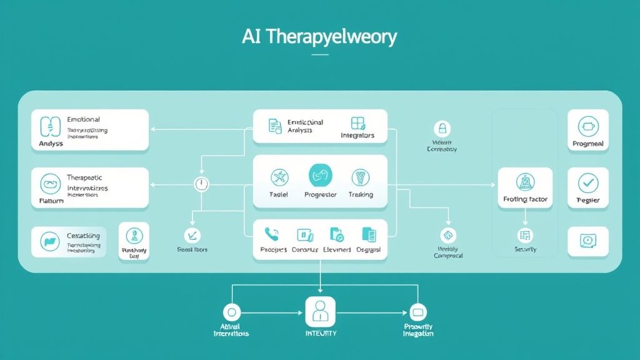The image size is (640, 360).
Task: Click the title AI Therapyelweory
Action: click(319, 37)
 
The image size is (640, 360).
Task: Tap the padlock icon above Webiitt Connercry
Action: click(442, 129)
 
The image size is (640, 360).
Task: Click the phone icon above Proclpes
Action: click(272, 234)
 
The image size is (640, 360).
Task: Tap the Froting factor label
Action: click(525, 199)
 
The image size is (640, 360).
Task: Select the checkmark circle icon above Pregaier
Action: click(587, 182)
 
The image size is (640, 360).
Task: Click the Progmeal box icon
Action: click(587, 126)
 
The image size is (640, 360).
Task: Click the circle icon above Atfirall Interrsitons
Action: click(232, 312)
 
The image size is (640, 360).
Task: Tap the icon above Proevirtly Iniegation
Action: click(417, 312)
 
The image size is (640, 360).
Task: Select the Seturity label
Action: click(525, 249)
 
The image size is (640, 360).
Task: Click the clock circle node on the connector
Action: click(201, 184)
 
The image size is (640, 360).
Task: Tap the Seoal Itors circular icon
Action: click(192, 235)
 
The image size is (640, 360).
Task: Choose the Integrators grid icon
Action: click(358, 123)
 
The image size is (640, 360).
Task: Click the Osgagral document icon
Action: click(369, 234)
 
